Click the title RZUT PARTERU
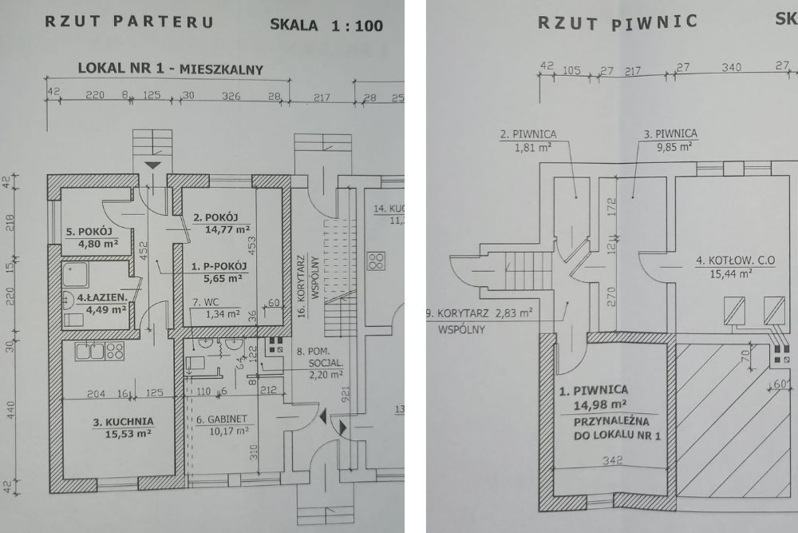pyautogui.click(x=129, y=22)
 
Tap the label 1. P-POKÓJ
pyautogui.click(x=217, y=266)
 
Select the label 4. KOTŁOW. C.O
pyautogui.click(x=735, y=259)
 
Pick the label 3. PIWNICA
pyautogui.click(x=670, y=133)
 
